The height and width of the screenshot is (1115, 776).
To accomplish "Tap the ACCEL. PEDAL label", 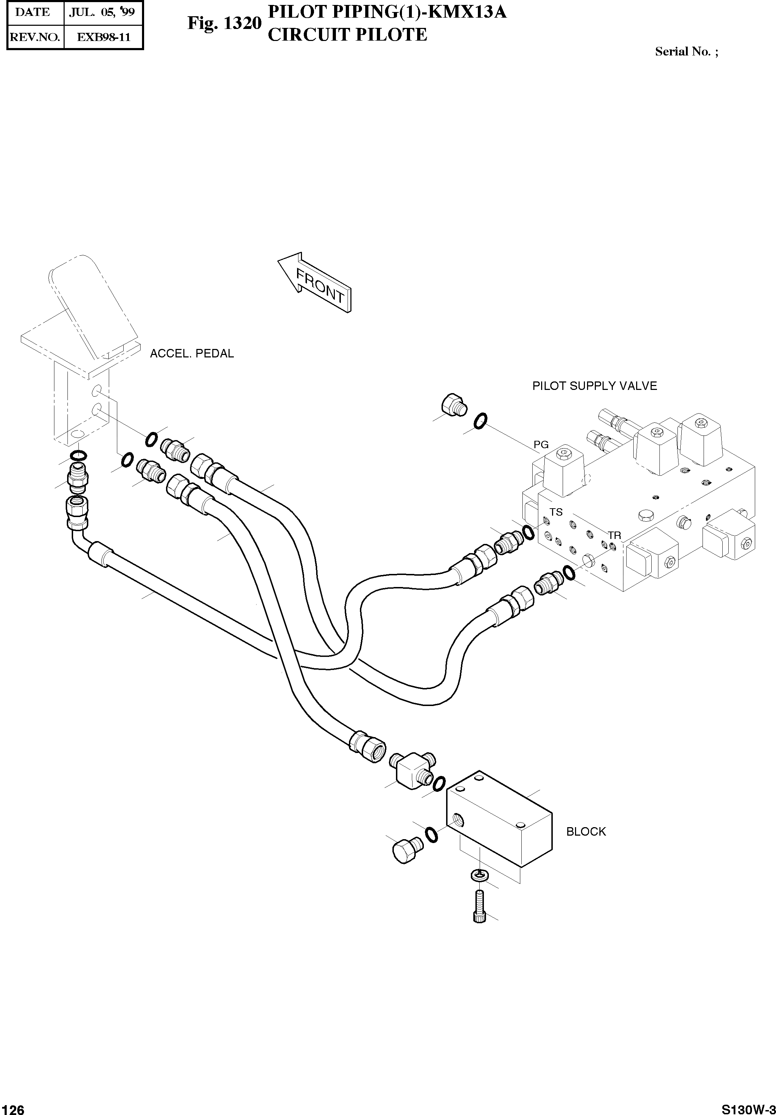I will (x=192, y=354).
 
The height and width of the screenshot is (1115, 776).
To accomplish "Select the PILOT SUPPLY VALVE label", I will (x=594, y=386).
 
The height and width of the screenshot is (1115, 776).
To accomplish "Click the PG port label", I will (x=541, y=444).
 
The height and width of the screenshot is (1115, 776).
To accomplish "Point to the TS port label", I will (x=556, y=512).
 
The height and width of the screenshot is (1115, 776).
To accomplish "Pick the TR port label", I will (x=614, y=535).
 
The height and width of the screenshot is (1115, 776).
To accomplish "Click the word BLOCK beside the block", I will (x=586, y=831).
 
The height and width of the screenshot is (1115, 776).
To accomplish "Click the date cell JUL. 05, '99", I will (x=102, y=12).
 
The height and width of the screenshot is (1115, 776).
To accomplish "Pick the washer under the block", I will (x=479, y=876).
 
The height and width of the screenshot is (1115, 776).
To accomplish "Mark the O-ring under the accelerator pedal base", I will (x=78, y=455).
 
